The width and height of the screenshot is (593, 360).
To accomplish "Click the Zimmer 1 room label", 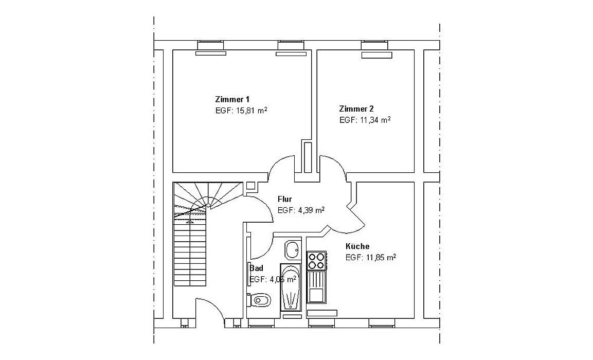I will [232, 99].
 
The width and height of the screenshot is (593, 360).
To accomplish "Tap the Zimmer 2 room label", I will [356, 109].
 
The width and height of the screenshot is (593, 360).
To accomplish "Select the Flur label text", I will [285, 199].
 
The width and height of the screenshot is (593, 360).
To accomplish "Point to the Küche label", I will [357, 246].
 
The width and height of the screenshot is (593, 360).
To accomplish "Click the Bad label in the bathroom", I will [257, 268].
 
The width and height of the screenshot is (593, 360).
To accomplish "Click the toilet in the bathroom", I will [260, 299].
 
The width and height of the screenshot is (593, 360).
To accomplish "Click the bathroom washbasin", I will [293, 250].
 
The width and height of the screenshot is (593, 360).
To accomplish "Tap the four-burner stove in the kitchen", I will [316, 261].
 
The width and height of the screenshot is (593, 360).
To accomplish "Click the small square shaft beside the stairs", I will [251, 186].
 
